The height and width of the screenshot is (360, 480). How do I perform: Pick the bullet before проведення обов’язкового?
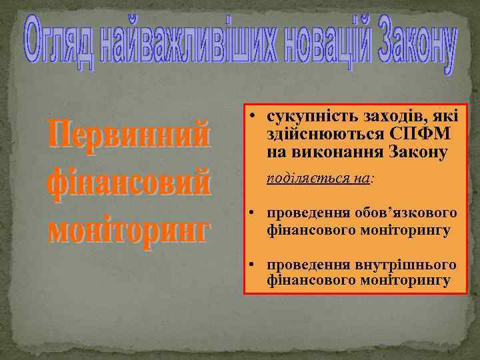[x=255, y=214]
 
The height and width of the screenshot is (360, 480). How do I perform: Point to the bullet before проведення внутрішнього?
[x=255, y=265]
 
